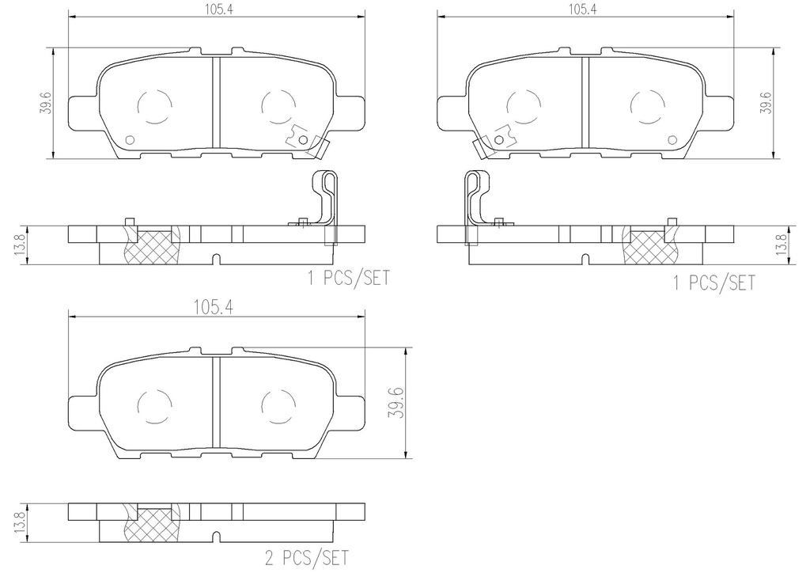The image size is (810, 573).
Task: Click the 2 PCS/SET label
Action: (x=307, y=558)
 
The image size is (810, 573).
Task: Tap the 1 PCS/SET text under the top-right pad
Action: (x=714, y=283)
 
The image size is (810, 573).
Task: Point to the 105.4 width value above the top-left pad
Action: (x=214, y=9)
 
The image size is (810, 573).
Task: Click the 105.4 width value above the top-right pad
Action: (x=583, y=9)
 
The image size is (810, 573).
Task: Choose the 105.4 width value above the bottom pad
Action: (x=214, y=307)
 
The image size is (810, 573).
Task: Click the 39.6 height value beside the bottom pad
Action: (x=399, y=402)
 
